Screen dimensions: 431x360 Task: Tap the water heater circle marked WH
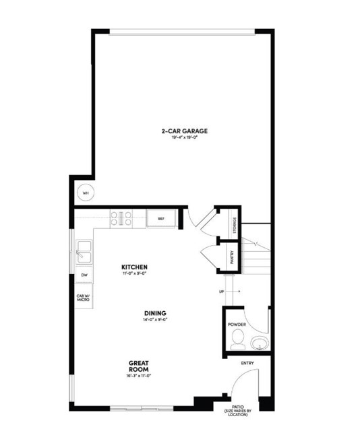[86, 193]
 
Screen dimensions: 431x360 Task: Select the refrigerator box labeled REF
[161, 218]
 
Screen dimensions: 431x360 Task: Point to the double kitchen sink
[84, 253]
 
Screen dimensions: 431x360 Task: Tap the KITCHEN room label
[134, 267]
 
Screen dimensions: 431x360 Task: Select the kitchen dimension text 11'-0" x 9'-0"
[134, 273]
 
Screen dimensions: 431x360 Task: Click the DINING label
[154, 313]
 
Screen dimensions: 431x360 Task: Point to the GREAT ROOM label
[138, 367]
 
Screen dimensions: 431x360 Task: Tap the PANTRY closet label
[231, 257]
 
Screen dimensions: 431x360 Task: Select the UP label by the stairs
[220, 292]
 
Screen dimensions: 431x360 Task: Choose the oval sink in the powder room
[260, 344]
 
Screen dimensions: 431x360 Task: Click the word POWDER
[237, 325]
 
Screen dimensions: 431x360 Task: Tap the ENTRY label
[247, 364]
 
